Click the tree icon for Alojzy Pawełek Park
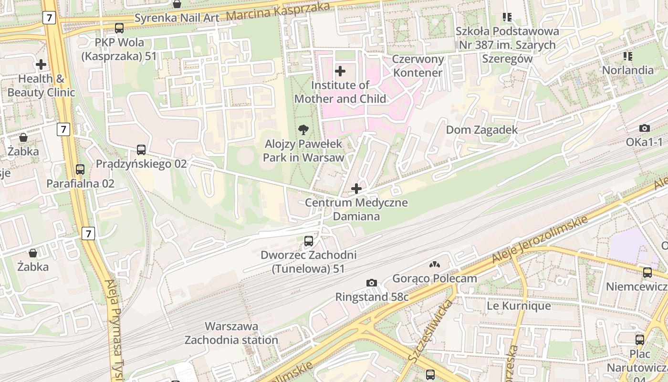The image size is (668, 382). click(x=303, y=129)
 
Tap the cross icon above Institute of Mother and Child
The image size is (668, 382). click(x=340, y=71)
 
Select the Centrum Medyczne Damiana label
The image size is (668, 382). click(x=356, y=209)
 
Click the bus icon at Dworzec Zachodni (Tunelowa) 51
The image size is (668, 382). click(x=309, y=241)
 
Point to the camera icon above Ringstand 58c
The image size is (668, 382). click(x=372, y=283)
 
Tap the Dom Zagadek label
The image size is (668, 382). click(x=481, y=130)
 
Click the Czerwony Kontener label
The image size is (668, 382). click(x=417, y=66)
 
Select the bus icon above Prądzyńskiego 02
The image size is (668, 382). click(x=141, y=150)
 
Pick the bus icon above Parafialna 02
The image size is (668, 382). click(x=80, y=170)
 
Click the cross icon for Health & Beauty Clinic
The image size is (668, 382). click(x=41, y=64)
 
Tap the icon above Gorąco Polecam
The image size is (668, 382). click(x=434, y=264)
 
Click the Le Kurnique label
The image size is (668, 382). click(x=518, y=306)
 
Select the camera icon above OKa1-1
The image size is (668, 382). click(x=644, y=128)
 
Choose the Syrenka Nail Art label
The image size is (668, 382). click(x=177, y=18)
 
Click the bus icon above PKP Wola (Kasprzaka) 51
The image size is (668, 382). click(x=119, y=28)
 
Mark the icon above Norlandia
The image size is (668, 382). click(x=627, y=56)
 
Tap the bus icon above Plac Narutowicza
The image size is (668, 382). click(x=639, y=340)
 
